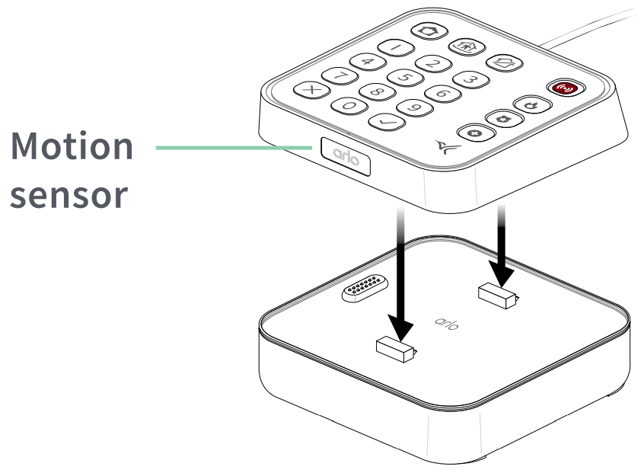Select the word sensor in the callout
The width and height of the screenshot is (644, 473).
72,194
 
